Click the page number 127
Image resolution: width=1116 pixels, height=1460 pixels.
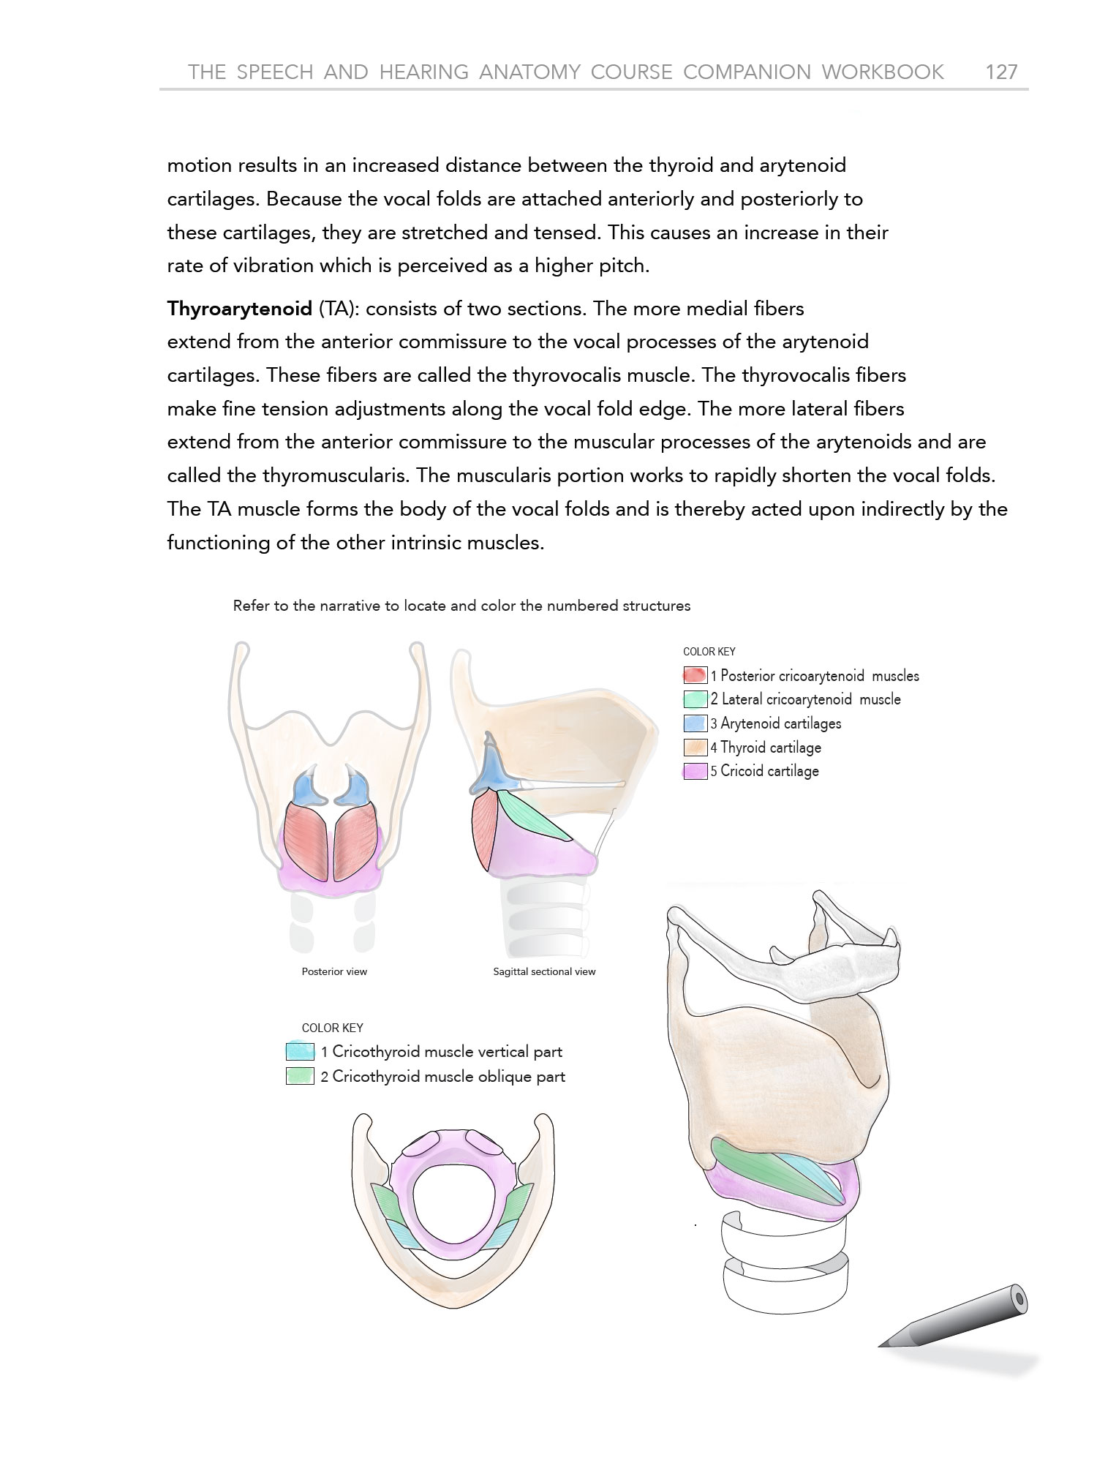click(1001, 72)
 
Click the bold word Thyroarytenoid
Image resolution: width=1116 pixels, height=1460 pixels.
click(239, 309)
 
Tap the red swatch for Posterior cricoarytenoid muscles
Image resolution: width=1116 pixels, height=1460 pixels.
click(695, 675)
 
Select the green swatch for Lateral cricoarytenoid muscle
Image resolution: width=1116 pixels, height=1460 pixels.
click(695, 699)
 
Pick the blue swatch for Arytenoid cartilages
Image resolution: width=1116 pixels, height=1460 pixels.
click(695, 723)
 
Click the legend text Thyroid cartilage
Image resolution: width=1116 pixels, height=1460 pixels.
click(771, 748)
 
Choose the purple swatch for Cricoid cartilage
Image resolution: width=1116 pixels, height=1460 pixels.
click(695, 771)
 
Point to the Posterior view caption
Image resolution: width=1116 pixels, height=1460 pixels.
click(334, 971)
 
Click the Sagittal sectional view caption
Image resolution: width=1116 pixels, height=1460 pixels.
click(544, 971)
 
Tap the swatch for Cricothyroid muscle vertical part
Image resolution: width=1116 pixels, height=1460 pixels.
click(300, 1052)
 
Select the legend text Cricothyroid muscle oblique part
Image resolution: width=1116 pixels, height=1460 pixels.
click(448, 1077)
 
